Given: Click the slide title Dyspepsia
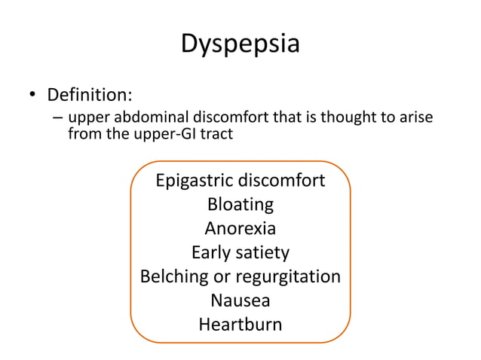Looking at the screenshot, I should [x=240, y=43].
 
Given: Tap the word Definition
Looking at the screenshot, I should [x=90, y=96].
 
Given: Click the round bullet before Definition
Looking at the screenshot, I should [x=32, y=97].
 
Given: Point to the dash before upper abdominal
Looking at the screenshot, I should [x=58, y=120].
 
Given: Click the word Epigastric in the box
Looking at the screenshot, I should [x=195, y=182].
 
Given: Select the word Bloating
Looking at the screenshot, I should [x=240, y=205].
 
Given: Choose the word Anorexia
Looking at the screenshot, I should [x=240, y=228].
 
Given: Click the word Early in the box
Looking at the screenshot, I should [x=210, y=252].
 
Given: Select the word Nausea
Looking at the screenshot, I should [x=240, y=301].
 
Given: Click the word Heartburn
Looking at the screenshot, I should [x=240, y=325].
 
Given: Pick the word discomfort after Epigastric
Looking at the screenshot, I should [x=282, y=182].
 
